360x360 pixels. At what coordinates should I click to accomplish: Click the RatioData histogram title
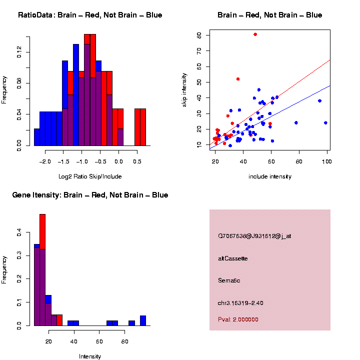point(90,15)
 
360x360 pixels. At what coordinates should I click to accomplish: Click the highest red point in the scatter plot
point(255,34)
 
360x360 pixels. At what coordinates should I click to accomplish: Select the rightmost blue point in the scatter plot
point(325,122)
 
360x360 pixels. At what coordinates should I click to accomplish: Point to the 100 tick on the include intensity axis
point(327,161)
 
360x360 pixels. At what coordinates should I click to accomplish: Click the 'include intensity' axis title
point(269,176)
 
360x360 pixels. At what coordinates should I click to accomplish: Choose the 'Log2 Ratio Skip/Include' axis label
point(90,176)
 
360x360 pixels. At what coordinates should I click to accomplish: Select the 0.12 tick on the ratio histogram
point(19,52)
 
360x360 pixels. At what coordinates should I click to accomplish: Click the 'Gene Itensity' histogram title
point(90,195)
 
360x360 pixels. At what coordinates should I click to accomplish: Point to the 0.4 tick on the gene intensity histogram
point(19,232)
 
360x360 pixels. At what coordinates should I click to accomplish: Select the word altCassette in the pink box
point(232,258)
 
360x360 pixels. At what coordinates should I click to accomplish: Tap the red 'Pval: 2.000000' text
point(238,319)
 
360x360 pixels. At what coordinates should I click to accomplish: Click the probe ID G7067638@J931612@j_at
point(254,236)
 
